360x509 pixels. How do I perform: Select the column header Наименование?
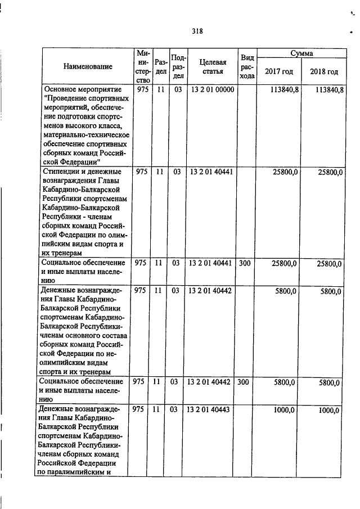87,66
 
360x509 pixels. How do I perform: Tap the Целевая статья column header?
211,66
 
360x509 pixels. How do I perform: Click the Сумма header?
301,53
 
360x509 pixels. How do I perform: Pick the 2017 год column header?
280,72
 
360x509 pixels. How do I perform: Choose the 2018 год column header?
323,72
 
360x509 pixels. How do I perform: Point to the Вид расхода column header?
247,66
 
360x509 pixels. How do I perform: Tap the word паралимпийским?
78,472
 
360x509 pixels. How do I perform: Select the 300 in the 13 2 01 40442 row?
244,382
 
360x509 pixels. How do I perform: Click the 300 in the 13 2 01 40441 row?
244,262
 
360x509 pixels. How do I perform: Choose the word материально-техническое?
85,134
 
